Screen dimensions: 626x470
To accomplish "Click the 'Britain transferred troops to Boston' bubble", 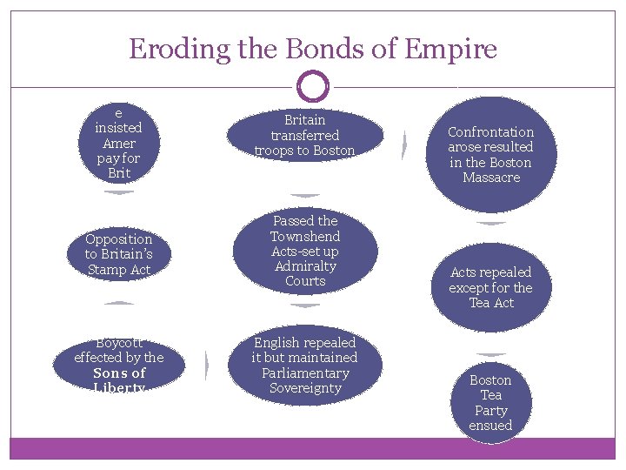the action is pyautogui.click(x=304, y=136).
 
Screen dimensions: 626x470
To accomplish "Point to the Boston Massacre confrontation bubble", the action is pyautogui.click(x=490, y=155).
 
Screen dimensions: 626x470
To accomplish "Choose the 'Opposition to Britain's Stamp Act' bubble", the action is pyautogui.click(x=118, y=254).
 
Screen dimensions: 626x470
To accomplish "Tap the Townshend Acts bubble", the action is pyautogui.click(x=304, y=251).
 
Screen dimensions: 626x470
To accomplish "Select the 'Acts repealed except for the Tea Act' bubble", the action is pyautogui.click(x=490, y=287).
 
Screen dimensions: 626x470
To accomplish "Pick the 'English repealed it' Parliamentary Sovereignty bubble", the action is pyautogui.click(x=304, y=366).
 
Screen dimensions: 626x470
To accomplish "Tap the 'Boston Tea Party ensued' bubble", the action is pyautogui.click(x=490, y=402).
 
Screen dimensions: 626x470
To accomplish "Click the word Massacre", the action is pyautogui.click(x=490, y=178).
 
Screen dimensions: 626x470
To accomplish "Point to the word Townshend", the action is pyautogui.click(x=304, y=236).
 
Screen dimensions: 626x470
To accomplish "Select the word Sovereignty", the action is pyautogui.click(x=304, y=388).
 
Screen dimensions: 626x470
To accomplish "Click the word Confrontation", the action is pyautogui.click(x=490, y=132).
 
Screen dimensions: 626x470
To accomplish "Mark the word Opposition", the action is pyautogui.click(x=118, y=238).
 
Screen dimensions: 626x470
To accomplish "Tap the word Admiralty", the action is pyautogui.click(x=304, y=265).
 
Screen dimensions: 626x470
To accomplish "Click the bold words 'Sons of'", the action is pyautogui.click(x=118, y=373).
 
